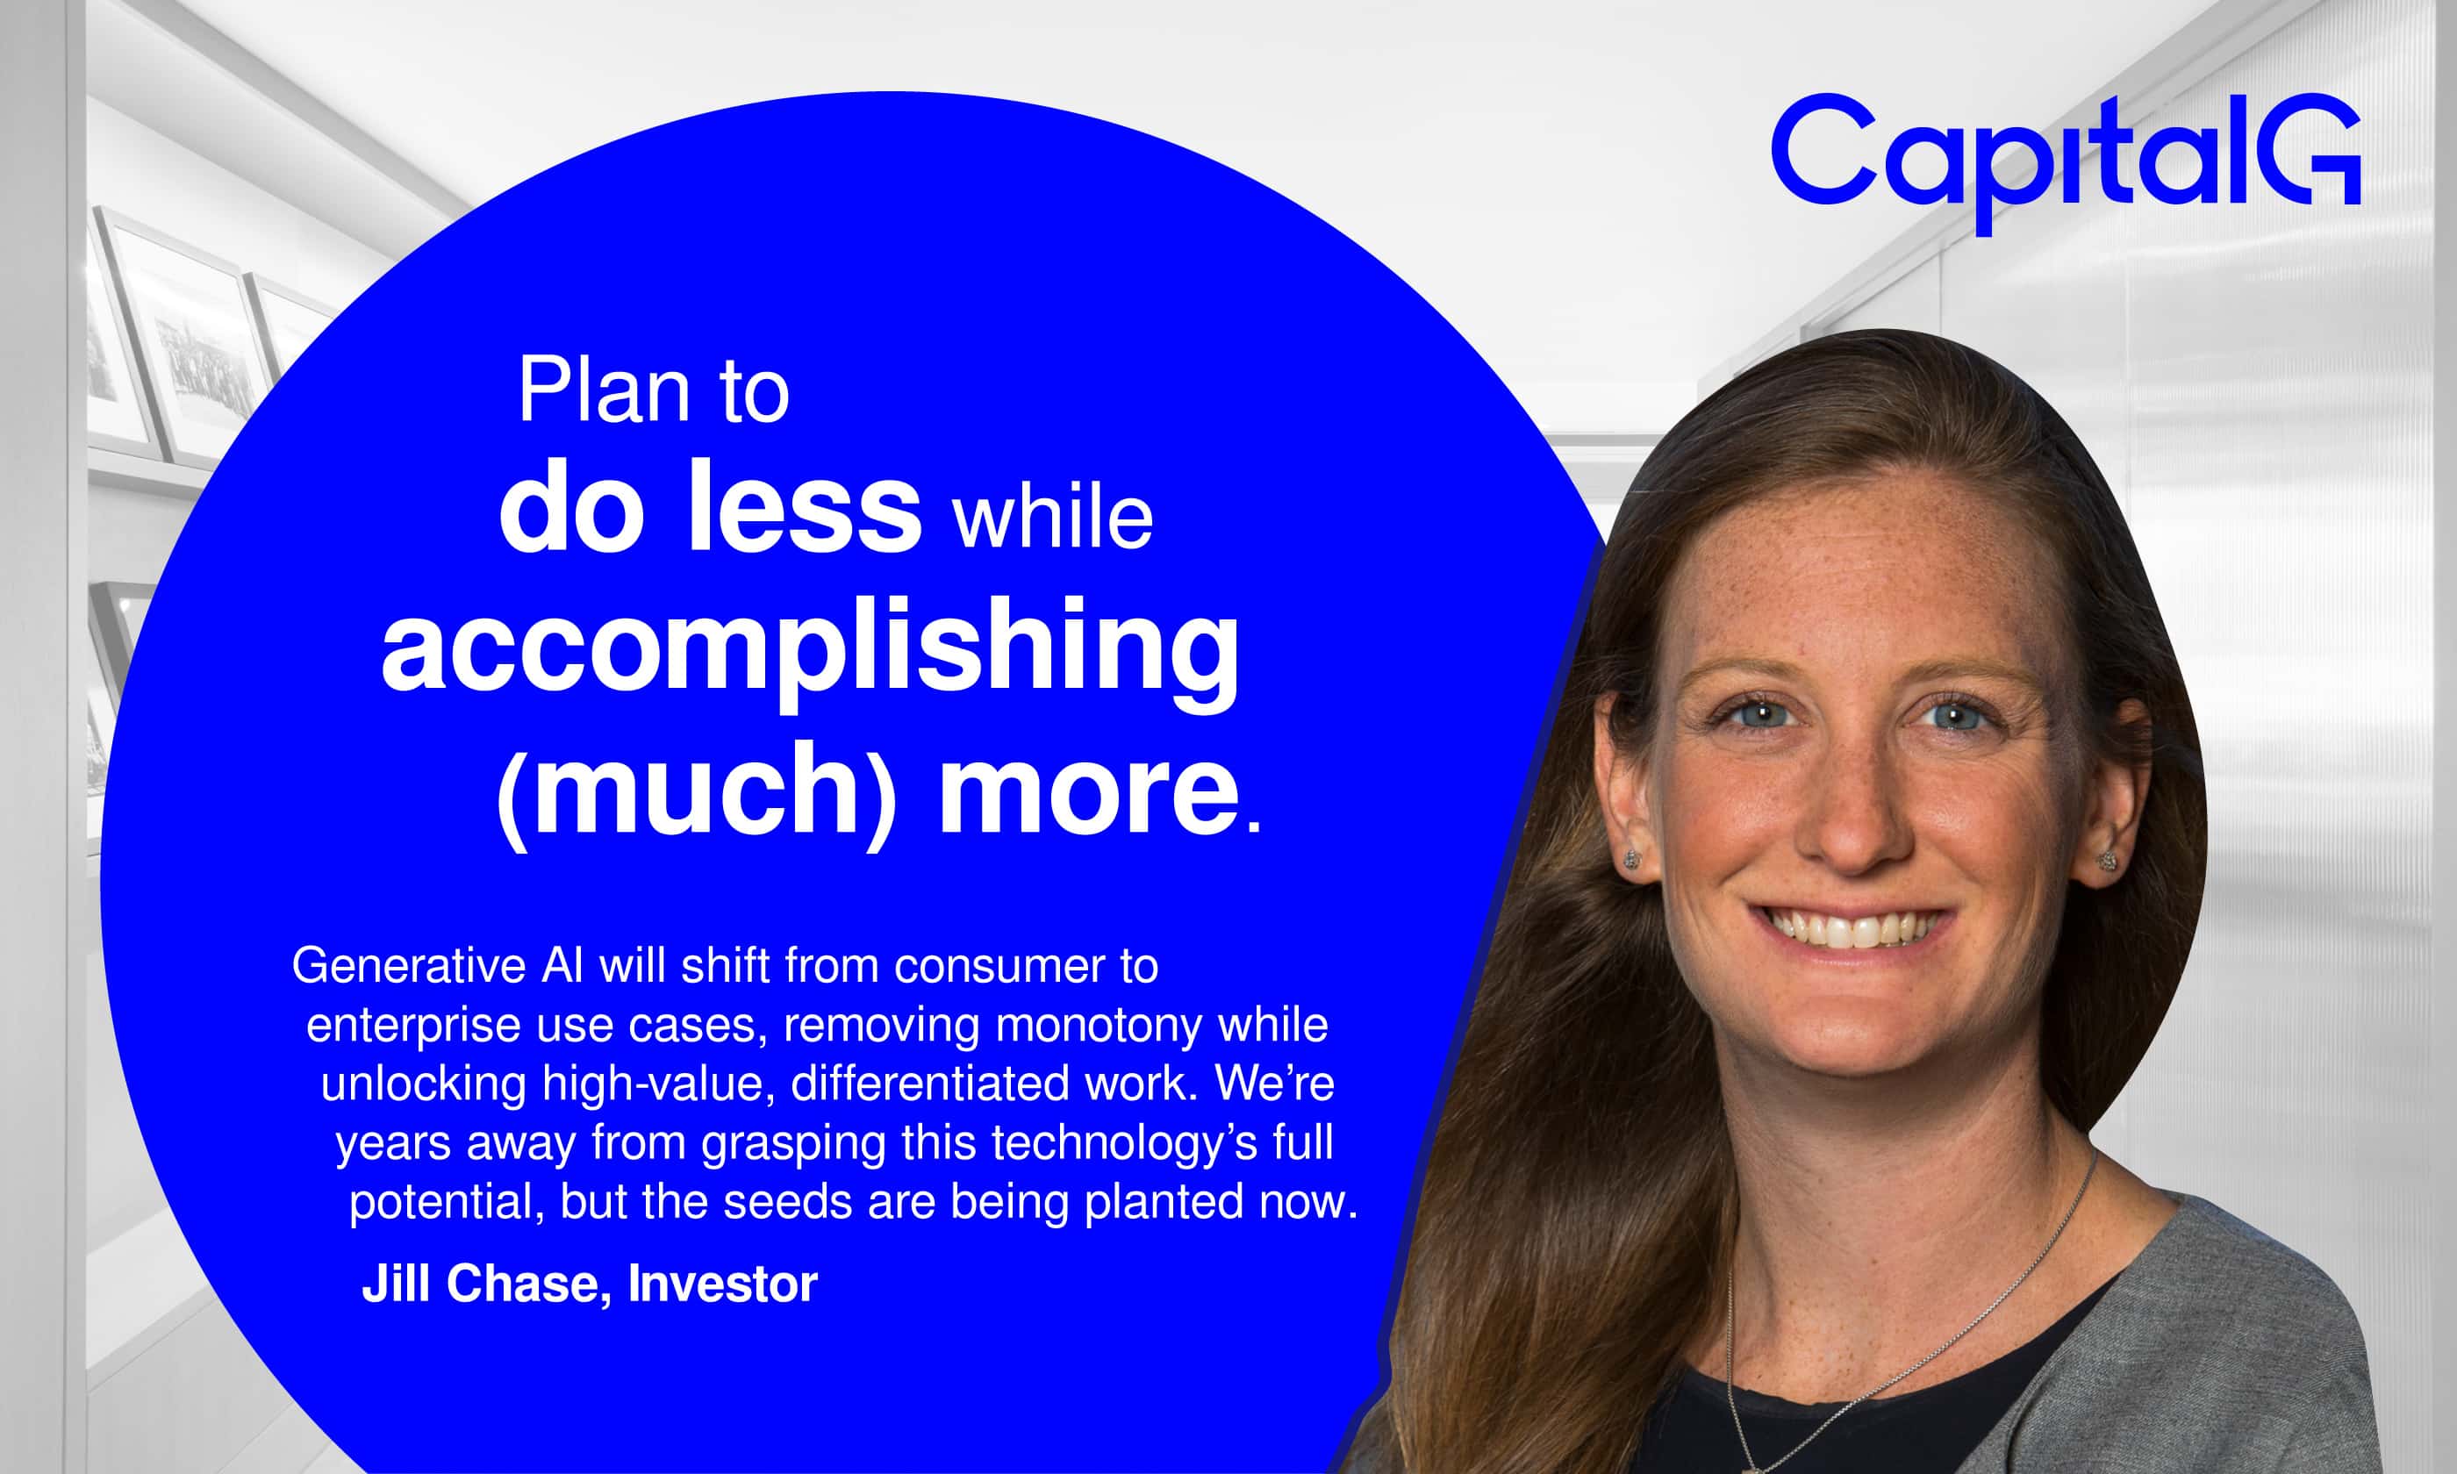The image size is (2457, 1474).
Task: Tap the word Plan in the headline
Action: click(604, 391)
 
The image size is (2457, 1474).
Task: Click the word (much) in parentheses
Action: click(696, 790)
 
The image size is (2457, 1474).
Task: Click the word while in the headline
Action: click(1054, 519)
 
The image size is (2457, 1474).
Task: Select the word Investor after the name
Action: click(723, 1284)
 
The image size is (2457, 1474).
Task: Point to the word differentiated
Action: click(929, 1084)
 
